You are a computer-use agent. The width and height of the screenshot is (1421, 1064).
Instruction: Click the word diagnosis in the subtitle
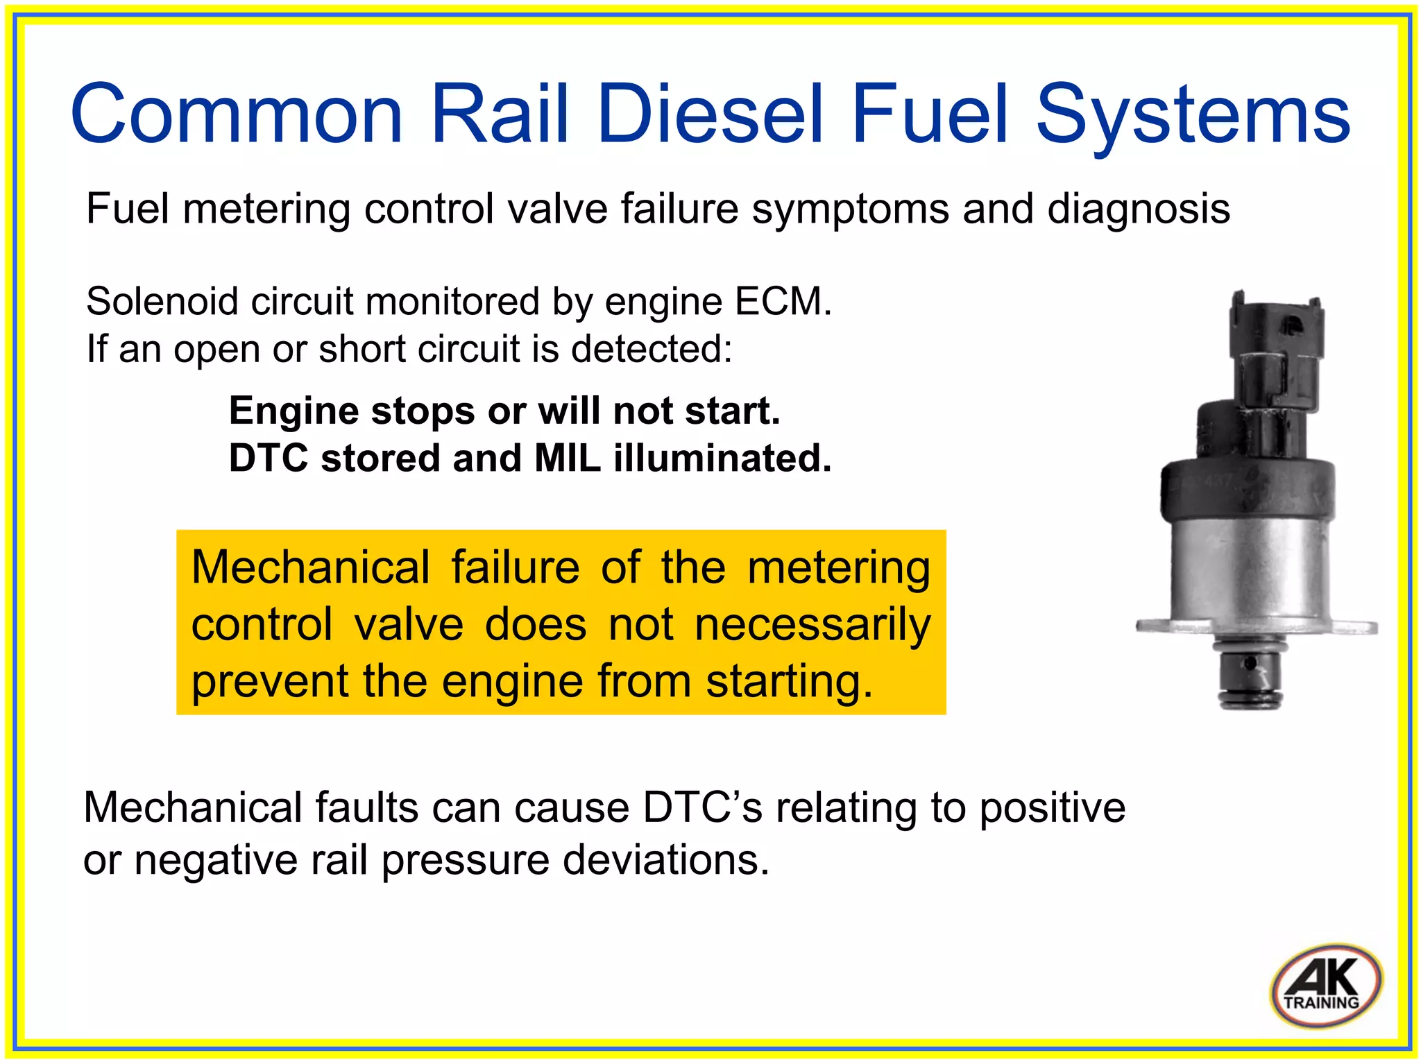click(1138, 209)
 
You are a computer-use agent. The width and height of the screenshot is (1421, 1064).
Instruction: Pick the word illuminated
click(722, 458)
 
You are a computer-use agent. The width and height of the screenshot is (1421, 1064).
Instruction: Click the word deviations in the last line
click(665, 860)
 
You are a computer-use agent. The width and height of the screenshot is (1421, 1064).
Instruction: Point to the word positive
click(1052, 808)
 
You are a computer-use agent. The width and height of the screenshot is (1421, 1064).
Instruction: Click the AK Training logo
click(1325, 985)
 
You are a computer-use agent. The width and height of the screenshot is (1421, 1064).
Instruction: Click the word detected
click(652, 349)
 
